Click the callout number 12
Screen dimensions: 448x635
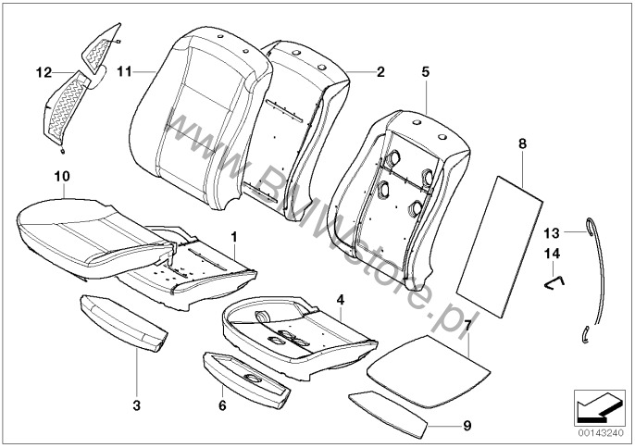point(43,71)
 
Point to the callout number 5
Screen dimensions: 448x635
point(426,69)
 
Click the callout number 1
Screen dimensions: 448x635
point(235,238)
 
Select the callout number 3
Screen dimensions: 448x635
point(137,404)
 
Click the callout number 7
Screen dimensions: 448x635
point(468,327)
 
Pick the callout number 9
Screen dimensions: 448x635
point(467,425)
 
